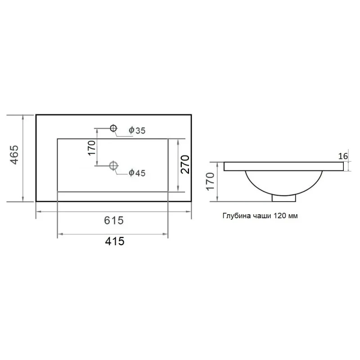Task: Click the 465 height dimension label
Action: point(15,155)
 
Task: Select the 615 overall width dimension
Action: point(114,220)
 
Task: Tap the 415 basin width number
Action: point(115,241)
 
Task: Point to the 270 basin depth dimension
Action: point(185,164)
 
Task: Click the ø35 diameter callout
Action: point(137,130)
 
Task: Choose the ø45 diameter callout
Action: point(137,173)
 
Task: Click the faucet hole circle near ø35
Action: point(113,128)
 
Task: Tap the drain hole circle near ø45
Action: point(113,165)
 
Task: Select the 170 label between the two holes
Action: point(91,148)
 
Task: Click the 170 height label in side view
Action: point(210,182)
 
